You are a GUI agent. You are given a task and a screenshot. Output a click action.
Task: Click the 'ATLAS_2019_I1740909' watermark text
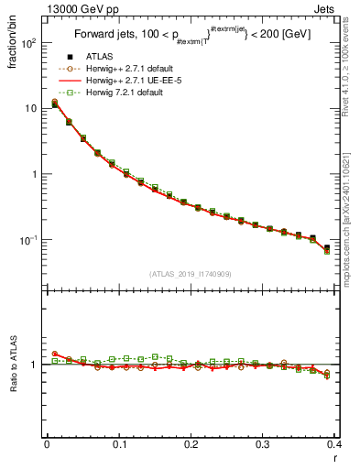coord(191,274)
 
